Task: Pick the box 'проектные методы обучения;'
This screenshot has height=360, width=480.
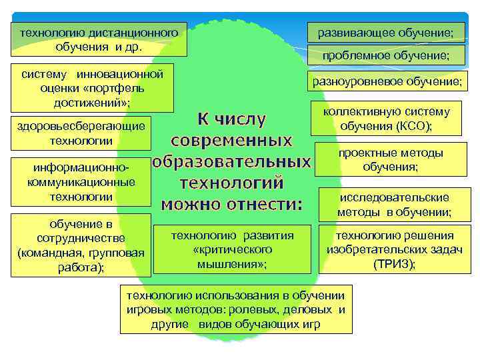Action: tap(390, 160)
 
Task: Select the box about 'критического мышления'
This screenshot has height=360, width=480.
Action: tap(232, 249)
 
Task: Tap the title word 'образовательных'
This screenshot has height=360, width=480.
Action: tap(231, 162)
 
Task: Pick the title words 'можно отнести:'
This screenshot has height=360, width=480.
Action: tap(231, 204)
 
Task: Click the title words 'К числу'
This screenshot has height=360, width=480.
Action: tap(231, 119)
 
